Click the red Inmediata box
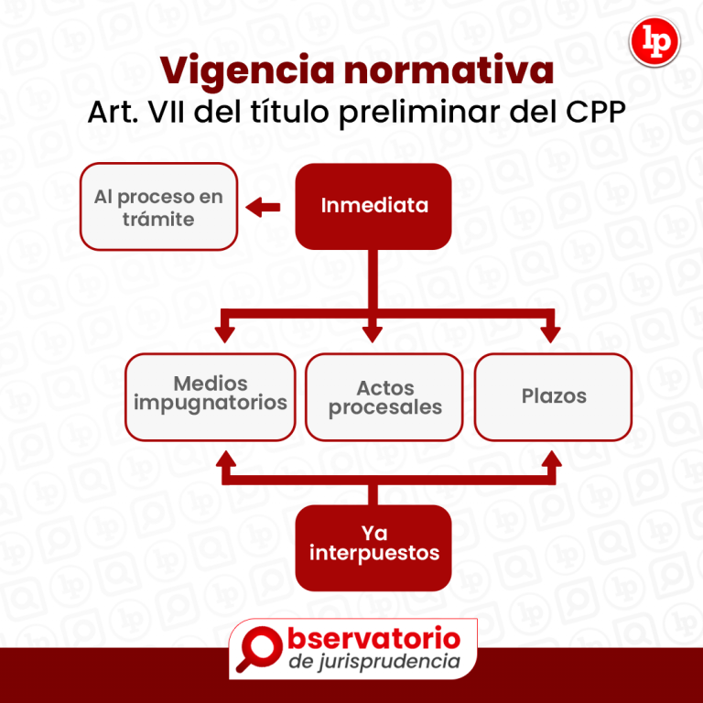(x=373, y=206)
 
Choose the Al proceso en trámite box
(x=158, y=207)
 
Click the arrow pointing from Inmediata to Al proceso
(x=264, y=207)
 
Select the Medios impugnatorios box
(x=211, y=395)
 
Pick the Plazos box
(x=553, y=397)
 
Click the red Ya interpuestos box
(x=373, y=546)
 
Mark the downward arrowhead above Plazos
(x=550, y=329)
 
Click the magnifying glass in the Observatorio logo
(x=259, y=648)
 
